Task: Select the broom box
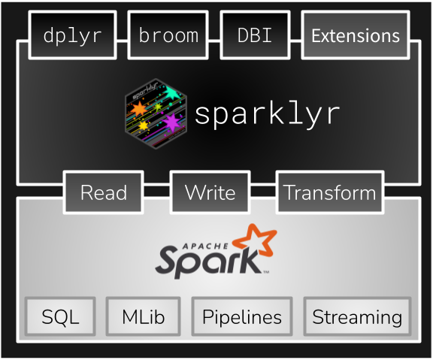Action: point(168,35)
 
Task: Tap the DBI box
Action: point(256,35)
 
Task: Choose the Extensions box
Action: point(355,35)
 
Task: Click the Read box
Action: point(103,192)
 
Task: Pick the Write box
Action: point(210,192)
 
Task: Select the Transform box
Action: point(329,192)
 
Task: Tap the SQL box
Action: point(60,316)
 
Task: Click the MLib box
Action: point(143,316)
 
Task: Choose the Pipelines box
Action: point(241,316)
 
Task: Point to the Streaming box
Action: point(357,316)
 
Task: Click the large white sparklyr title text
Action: point(268,113)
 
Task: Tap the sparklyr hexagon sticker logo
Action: point(156,113)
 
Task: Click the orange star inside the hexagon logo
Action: point(139,111)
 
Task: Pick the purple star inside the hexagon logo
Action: point(171,122)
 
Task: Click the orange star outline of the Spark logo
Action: point(256,242)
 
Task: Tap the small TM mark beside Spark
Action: point(266,271)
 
